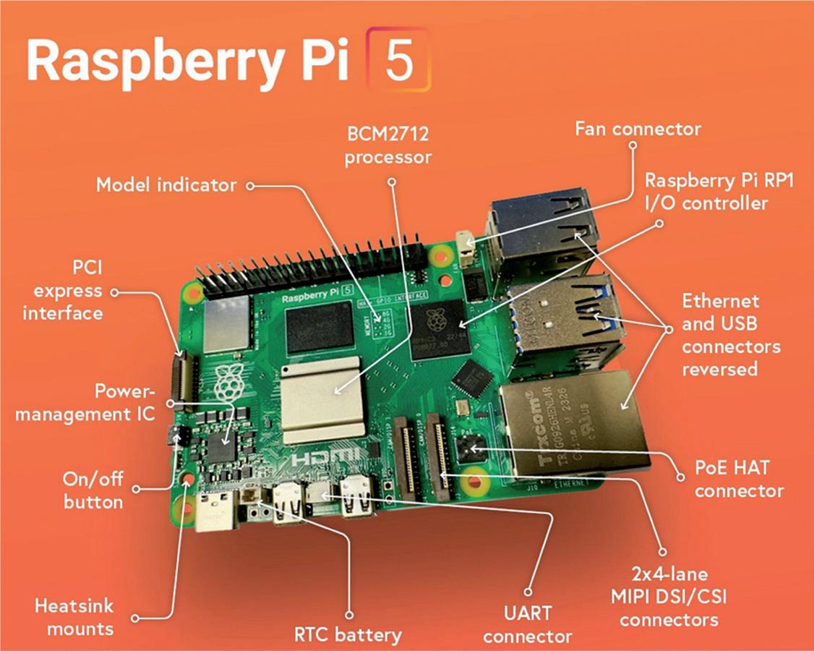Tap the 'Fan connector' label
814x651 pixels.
click(638, 129)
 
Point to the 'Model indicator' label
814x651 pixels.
click(166, 184)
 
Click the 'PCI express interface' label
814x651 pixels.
click(62, 291)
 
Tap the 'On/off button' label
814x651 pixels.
click(93, 491)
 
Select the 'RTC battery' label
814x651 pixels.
click(348, 635)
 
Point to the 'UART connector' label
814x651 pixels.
click(528, 624)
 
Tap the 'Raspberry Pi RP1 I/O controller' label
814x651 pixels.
click(719, 192)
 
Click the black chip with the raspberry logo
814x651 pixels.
click(436, 329)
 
